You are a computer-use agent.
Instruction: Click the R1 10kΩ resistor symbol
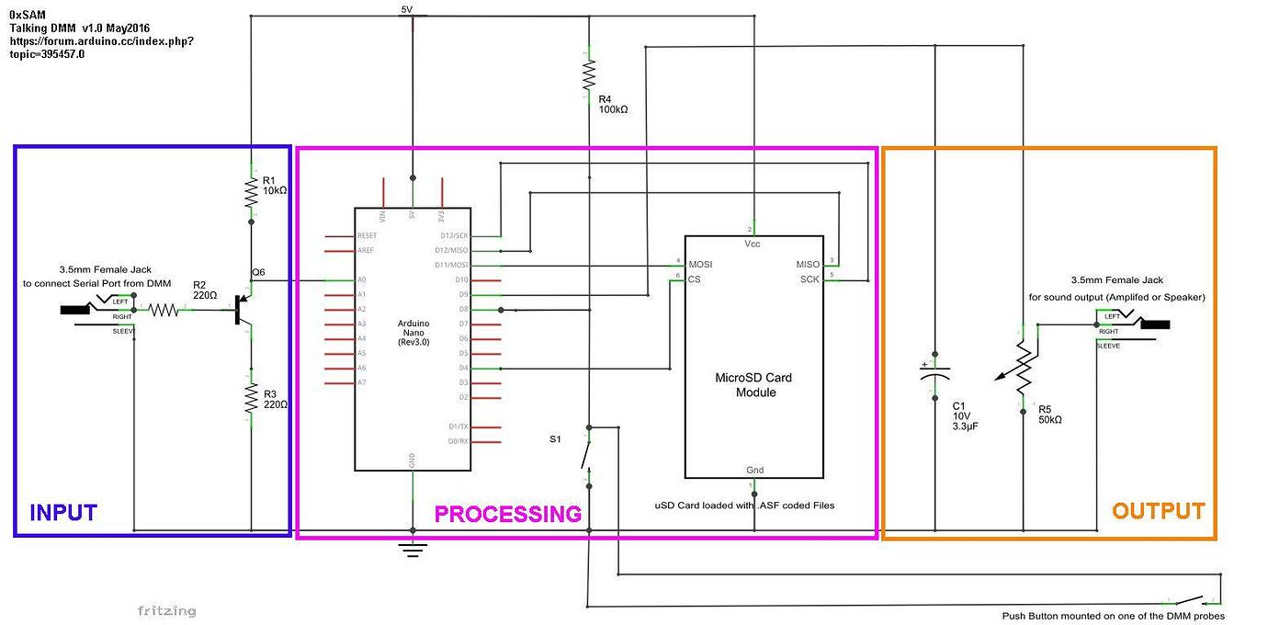(x=251, y=191)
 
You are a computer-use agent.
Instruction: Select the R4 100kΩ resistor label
(x=613, y=103)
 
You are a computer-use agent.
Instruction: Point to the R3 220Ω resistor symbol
(x=251, y=396)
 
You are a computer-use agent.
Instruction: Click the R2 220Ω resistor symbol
(x=164, y=311)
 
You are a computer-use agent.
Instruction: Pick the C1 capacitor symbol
(x=934, y=375)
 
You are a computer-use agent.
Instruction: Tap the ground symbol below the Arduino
(x=413, y=550)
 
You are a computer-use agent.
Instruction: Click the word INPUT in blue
(x=63, y=512)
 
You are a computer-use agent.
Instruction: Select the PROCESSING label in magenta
(x=507, y=514)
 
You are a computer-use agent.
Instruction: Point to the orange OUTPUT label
(x=1158, y=511)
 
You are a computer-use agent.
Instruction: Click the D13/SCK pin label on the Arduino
(x=452, y=235)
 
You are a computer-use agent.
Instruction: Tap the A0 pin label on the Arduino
(x=360, y=279)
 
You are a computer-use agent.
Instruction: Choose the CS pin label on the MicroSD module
(x=695, y=278)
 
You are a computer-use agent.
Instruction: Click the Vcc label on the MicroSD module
(x=752, y=244)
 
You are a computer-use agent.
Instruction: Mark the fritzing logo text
(x=166, y=610)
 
